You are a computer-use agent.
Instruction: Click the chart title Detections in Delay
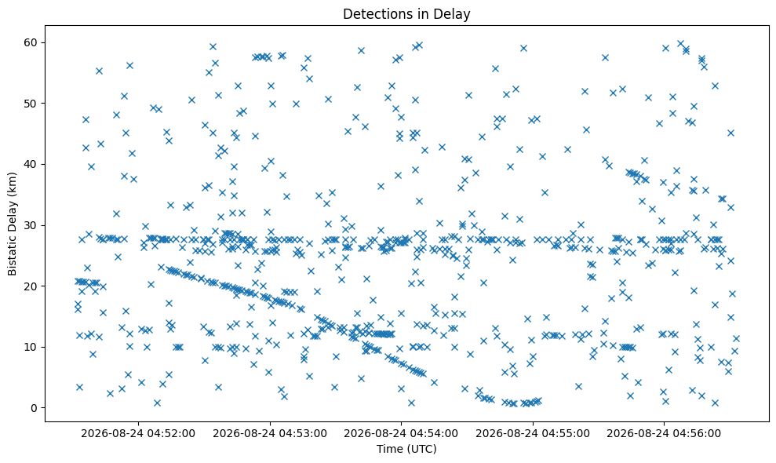tap(406, 14)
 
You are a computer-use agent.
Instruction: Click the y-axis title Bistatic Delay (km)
tap(12, 224)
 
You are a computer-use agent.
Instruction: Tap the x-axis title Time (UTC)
tap(406, 449)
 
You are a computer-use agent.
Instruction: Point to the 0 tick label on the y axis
tap(35, 408)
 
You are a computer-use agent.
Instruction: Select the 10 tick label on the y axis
tap(31, 347)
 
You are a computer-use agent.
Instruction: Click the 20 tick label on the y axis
tap(31, 286)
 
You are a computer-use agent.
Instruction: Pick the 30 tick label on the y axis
tap(31, 225)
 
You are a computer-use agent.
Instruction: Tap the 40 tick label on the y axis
tap(31, 164)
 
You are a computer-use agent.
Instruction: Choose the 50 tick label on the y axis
tap(31, 104)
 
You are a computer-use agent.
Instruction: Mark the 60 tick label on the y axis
tap(31, 42)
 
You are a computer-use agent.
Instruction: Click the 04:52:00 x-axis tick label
tap(138, 434)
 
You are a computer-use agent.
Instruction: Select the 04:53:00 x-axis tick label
tap(270, 434)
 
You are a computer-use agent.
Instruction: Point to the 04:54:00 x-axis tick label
tap(401, 434)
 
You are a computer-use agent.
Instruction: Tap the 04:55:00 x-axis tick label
tap(533, 434)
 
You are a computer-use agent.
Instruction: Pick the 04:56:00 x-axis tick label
tap(664, 434)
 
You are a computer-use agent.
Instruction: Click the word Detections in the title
tap(375, 14)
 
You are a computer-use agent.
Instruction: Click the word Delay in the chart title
tap(455, 14)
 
